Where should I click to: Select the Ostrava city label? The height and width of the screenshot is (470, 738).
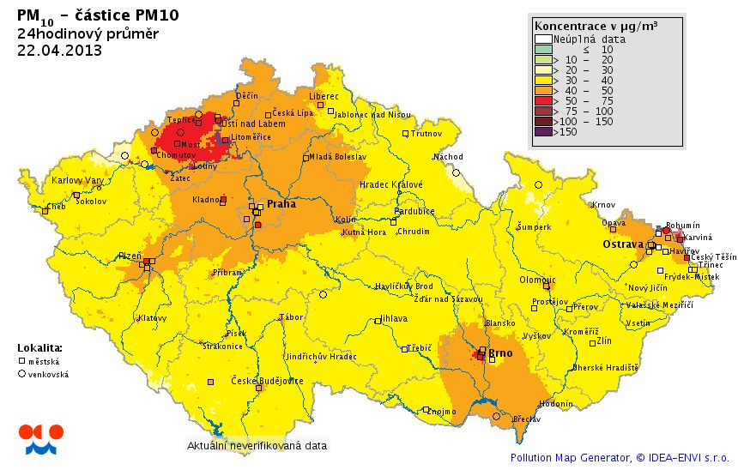click(622, 244)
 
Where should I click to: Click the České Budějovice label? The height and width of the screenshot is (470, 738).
click(268, 381)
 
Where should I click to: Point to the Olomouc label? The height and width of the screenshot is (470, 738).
click(538, 280)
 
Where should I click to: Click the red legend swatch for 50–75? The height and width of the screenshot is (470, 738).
click(542, 100)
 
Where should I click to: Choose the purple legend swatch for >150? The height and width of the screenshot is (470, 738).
click(542, 132)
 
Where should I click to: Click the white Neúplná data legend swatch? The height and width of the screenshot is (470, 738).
click(542, 39)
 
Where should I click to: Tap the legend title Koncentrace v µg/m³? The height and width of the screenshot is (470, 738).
click(596, 26)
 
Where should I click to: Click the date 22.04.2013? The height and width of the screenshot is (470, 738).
click(59, 50)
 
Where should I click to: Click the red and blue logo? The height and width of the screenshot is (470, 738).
click(40, 438)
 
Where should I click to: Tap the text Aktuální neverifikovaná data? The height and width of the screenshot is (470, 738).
click(257, 446)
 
